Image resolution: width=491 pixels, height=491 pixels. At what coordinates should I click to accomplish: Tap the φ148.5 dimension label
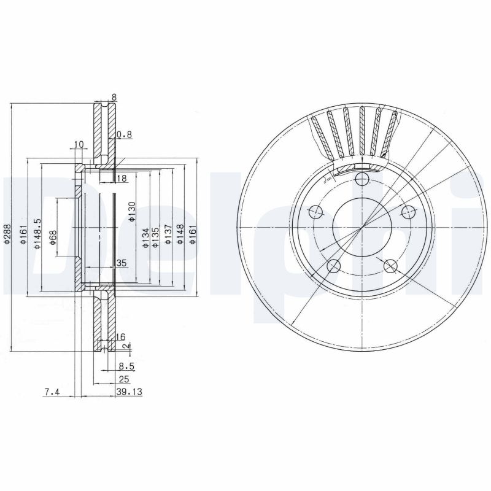37,234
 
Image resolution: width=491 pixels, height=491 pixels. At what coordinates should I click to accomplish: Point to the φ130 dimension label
131,211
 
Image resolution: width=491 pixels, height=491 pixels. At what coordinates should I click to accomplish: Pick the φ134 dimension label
145,238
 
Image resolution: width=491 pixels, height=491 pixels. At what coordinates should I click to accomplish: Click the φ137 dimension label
167,237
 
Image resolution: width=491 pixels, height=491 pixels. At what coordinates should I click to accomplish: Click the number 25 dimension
123,379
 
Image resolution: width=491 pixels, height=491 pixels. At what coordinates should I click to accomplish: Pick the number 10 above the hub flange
78,145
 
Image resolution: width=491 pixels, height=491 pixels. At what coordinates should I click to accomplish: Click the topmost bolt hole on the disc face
362,179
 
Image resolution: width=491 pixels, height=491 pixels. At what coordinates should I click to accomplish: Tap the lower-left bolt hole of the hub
334,266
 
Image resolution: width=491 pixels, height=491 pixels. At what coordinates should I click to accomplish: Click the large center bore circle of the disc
362,227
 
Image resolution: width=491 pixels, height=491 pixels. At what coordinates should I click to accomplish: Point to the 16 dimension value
120,337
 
